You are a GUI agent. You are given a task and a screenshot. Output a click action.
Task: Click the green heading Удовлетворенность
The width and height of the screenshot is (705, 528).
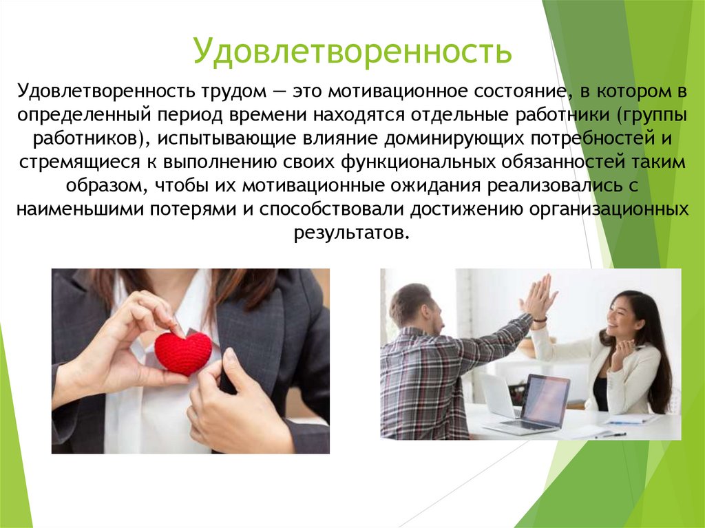(352, 52)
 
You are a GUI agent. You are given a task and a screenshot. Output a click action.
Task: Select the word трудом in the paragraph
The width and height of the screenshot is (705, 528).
(238, 92)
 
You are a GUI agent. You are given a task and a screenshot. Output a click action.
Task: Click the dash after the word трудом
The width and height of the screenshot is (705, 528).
(277, 92)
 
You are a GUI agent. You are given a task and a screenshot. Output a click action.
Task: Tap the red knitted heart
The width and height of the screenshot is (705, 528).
(183, 352)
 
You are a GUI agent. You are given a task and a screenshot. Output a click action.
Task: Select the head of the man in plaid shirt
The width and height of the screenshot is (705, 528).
(416, 306)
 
